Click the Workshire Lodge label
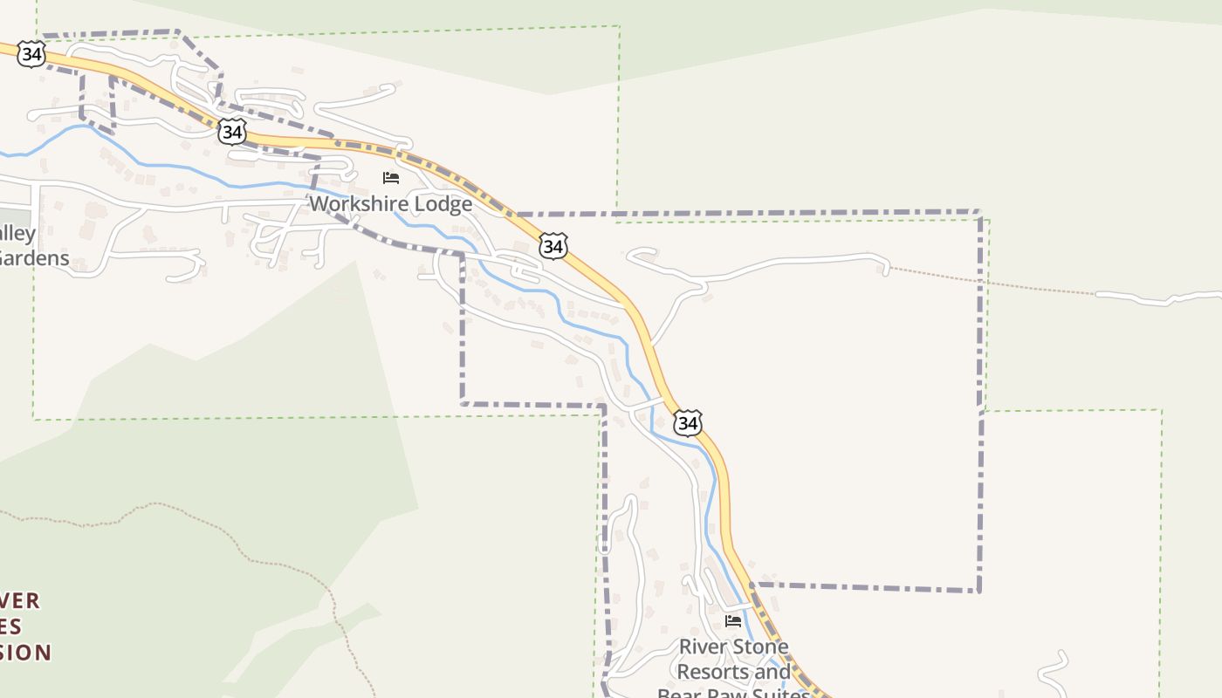pyautogui.click(x=391, y=204)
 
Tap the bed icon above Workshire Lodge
pyautogui.click(x=391, y=178)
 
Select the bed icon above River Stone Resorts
pyautogui.click(x=733, y=621)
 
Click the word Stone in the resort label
pyautogui.click(x=759, y=647)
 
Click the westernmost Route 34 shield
pyautogui.click(x=31, y=55)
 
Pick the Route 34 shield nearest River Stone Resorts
pyautogui.click(x=688, y=423)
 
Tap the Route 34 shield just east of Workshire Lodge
pyautogui.click(x=553, y=246)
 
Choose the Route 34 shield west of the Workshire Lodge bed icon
pyautogui.click(x=231, y=132)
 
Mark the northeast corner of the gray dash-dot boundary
pyautogui.click(x=979, y=212)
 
